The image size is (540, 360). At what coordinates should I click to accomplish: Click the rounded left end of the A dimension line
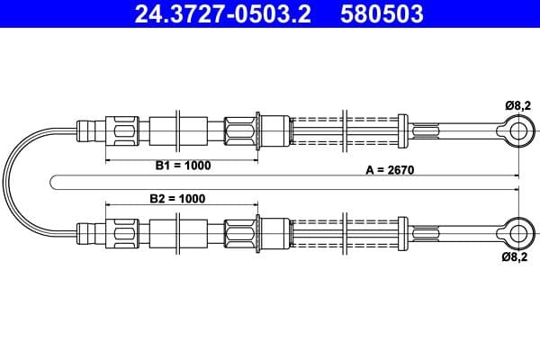pos(56,182)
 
